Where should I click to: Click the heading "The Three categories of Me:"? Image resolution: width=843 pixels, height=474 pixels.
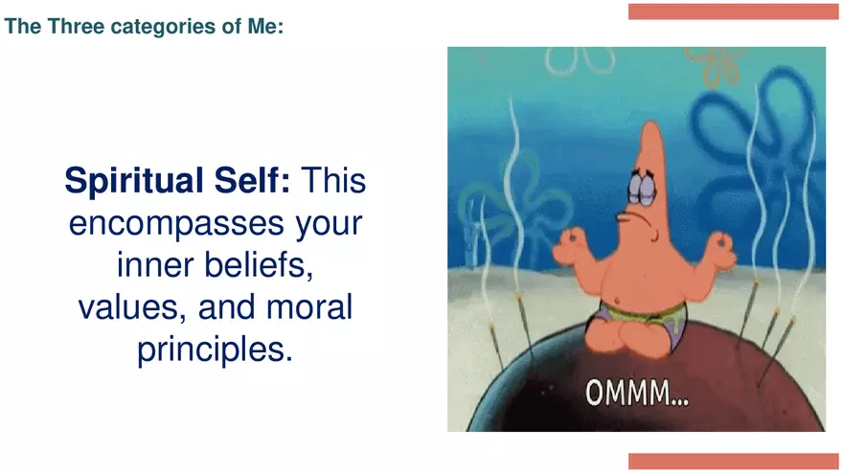pyautogui.click(x=144, y=26)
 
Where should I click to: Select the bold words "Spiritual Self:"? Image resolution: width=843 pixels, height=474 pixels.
pyautogui.click(x=176, y=179)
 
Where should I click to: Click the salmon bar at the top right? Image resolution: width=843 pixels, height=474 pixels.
pyautogui.click(x=733, y=11)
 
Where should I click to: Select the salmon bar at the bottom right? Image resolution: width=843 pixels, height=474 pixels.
pyautogui.click(x=733, y=461)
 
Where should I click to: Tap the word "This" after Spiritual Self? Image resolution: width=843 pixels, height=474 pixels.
pyautogui.click(x=334, y=179)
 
